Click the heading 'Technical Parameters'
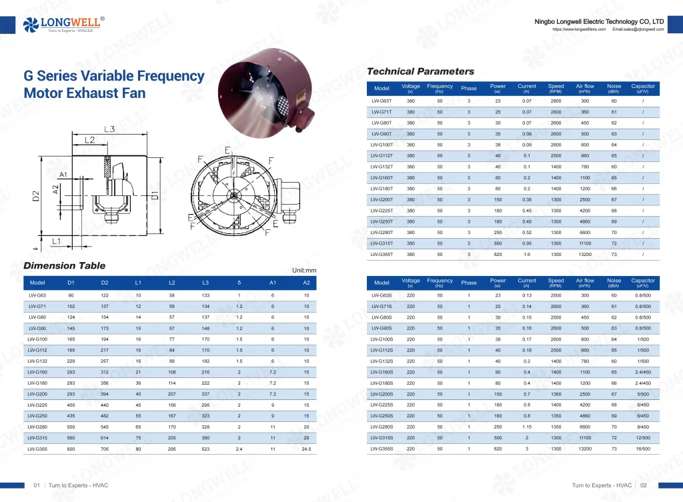[x=420, y=71]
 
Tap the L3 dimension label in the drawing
[x=109, y=129]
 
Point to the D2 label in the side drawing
[x=37, y=196]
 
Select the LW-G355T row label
[x=382, y=254]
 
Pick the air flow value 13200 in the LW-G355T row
[x=584, y=254]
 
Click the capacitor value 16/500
[x=642, y=449]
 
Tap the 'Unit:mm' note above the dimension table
[x=303, y=271]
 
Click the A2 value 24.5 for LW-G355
[x=306, y=449]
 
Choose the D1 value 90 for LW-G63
[x=71, y=294]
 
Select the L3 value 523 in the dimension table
[x=205, y=449]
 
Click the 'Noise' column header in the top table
[x=614, y=88]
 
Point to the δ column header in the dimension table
[x=239, y=283]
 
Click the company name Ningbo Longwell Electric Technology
[x=599, y=21]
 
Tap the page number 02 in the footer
[x=644, y=485]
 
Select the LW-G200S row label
[x=382, y=394]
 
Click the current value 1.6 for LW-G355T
[x=526, y=254]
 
